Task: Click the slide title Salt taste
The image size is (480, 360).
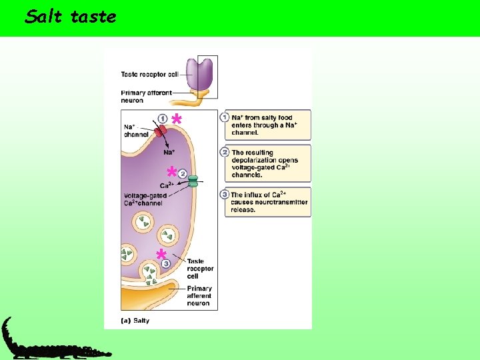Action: coord(70,17)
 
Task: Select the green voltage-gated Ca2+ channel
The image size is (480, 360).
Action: coord(193,181)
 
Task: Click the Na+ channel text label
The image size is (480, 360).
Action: coord(136,131)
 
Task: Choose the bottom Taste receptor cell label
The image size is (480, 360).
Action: coord(200,269)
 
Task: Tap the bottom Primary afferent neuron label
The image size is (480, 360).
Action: coord(199,296)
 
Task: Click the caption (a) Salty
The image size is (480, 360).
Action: coord(135,321)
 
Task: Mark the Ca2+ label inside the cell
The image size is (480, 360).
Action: coord(167,185)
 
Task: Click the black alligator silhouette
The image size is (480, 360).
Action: coord(47,343)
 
